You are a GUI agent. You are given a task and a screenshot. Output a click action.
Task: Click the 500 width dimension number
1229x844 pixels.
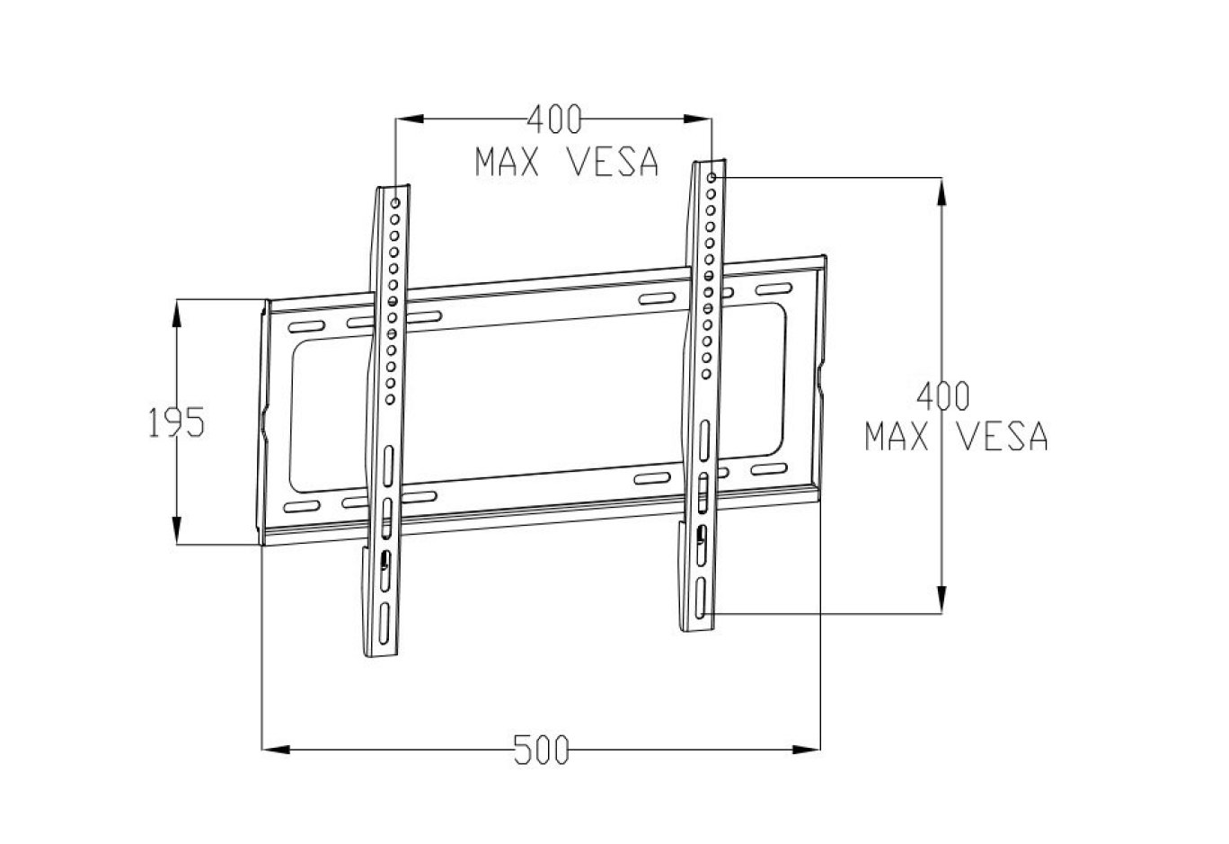[542, 749]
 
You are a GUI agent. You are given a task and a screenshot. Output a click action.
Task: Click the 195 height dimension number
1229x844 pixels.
[177, 422]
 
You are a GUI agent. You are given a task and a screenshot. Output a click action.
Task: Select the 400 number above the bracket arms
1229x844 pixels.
[553, 117]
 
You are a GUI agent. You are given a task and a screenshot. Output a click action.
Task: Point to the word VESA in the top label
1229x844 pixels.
[614, 162]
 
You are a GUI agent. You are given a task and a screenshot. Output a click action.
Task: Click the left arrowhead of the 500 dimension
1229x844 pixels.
[273, 747]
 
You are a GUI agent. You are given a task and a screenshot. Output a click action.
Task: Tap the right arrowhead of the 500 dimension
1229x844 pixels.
[809, 747]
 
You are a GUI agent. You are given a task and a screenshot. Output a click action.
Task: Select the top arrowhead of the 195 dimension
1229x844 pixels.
[177, 310]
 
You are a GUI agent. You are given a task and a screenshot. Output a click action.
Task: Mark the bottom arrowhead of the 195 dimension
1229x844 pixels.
[177, 532]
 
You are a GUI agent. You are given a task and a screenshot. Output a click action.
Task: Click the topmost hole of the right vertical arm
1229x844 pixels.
[712, 179]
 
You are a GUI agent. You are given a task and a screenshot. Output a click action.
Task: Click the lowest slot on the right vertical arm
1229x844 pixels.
[699, 599]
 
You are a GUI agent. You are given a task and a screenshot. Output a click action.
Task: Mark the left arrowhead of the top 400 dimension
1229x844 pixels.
[408, 117]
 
